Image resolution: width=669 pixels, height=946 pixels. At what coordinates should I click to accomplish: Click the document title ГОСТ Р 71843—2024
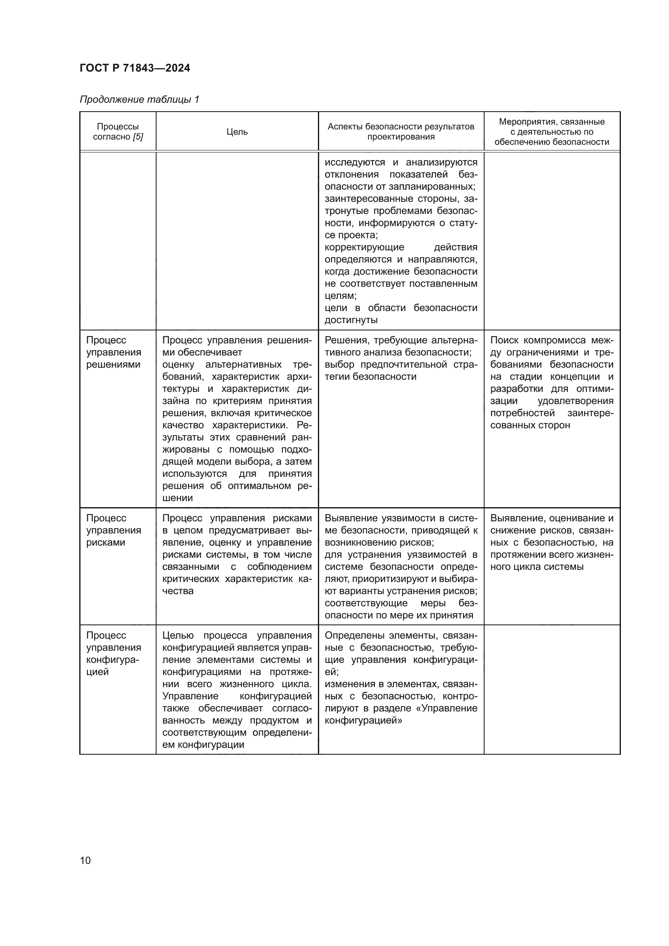pyautogui.click(x=135, y=68)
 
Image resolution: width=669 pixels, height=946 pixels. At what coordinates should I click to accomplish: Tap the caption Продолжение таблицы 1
pyautogui.click(x=139, y=99)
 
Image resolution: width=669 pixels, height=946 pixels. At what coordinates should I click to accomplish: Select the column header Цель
pyautogui.click(x=237, y=132)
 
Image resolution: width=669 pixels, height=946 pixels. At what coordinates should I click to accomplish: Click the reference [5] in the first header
pyautogui.click(x=138, y=137)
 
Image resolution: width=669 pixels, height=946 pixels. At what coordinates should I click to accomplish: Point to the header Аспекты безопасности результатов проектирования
pyautogui.click(x=401, y=132)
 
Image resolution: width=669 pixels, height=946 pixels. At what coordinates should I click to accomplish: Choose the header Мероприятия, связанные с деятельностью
pyautogui.click(x=552, y=132)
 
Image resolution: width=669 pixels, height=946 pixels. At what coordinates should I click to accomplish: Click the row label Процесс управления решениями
pyautogui.click(x=113, y=352)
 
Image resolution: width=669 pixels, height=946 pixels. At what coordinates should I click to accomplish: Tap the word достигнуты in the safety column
pyautogui.click(x=351, y=320)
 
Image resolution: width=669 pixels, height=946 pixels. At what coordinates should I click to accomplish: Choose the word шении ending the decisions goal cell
pyautogui.click(x=178, y=498)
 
